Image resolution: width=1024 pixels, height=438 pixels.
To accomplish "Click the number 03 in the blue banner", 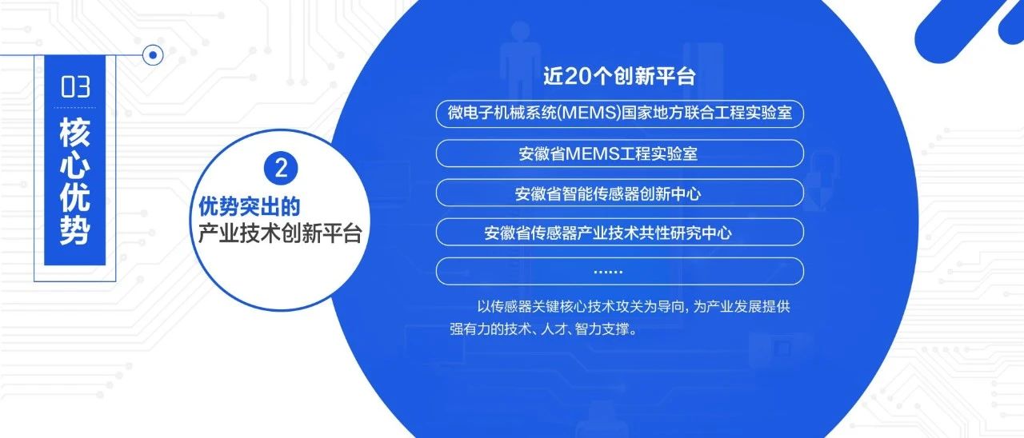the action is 75,87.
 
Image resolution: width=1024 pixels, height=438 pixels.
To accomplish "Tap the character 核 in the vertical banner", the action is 75,133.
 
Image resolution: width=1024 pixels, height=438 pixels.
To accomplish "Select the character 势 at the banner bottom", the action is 75,229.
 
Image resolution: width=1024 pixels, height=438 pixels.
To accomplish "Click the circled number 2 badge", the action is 281,168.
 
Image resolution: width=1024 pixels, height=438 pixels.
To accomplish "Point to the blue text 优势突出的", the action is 249,206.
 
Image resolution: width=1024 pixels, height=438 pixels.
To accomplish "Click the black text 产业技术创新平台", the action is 280,233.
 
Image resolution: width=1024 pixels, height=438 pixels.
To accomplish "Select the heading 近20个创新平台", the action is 619,76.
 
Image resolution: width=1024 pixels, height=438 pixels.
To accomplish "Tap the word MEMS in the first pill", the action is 589,113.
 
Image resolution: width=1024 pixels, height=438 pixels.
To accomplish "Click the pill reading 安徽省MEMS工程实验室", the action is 620,153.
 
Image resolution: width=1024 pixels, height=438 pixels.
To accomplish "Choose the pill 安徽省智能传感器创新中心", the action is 620,193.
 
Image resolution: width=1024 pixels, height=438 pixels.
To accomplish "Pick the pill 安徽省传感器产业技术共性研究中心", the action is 620,232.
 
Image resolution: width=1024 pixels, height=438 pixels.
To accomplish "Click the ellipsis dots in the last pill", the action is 608,272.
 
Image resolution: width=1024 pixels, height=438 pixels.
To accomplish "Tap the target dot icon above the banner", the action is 153,55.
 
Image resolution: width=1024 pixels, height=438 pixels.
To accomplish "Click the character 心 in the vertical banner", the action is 75,164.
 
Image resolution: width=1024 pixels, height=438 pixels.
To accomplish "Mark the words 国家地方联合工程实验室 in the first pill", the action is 706,113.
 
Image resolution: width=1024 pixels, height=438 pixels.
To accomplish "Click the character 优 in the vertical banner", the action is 75,197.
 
